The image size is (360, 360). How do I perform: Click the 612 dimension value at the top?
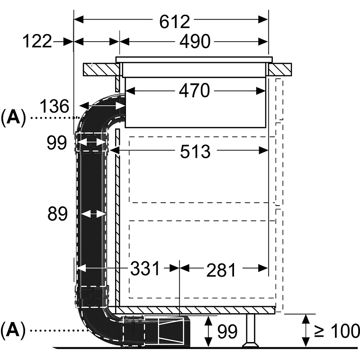[175, 22]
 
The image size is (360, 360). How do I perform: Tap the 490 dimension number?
[195, 42]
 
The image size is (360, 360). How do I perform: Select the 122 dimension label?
[37, 41]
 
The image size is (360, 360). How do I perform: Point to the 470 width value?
[194, 90]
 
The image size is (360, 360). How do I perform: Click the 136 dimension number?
[54, 106]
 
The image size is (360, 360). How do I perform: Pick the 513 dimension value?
[195, 152]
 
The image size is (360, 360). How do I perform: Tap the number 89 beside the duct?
[57, 214]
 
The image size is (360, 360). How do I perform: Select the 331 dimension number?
[145, 269]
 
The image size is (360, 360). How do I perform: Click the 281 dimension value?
[221, 270]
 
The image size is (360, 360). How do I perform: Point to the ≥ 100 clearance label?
[337, 331]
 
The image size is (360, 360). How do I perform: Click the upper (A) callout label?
[13, 118]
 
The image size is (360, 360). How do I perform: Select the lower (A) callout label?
[13, 330]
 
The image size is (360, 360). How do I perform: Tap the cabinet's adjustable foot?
[251, 330]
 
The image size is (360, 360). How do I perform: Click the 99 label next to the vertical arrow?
[227, 332]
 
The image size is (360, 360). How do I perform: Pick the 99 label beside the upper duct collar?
[57, 143]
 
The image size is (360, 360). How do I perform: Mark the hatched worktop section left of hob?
[101, 69]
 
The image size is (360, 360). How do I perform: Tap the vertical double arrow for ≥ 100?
[306, 330]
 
